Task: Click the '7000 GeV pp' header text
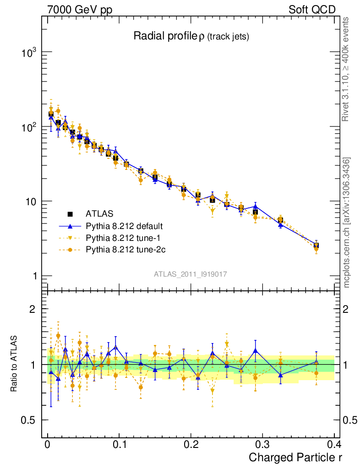[x=80, y=10]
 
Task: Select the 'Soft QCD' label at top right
[x=312, y=10]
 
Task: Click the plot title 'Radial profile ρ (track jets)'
[x=191, y=37]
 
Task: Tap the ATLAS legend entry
[x=99, y=213]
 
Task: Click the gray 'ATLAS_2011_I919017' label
[x=191, y=274]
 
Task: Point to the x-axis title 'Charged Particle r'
[x=295, y=457]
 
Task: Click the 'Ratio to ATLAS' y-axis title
[x=15, y=365]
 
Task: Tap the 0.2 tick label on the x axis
[x=191, y=444]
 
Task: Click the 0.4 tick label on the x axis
[x=334, y=444]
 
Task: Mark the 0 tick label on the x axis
[x=48, y=444]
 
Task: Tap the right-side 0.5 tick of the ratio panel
[x=349, y=420]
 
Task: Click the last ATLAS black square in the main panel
[x=316, y=246]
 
